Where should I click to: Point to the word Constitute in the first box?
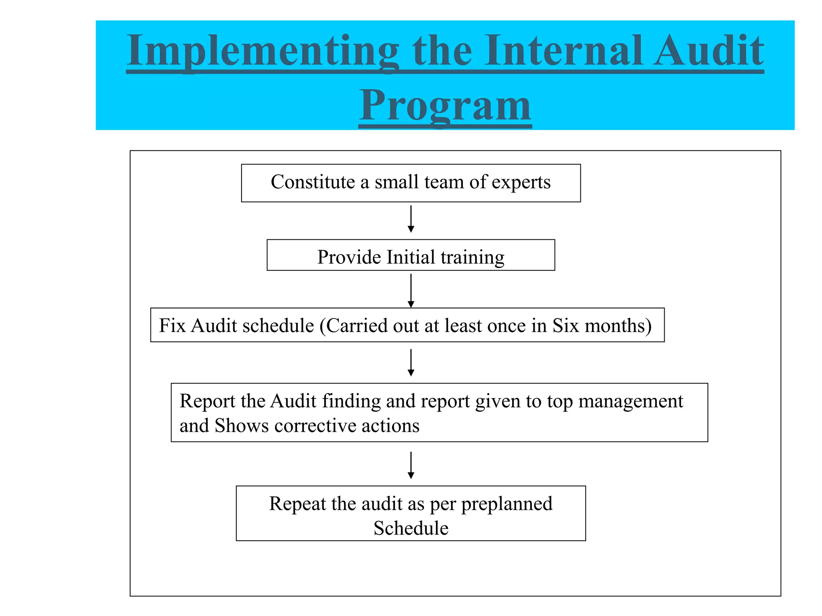tap(313, 182)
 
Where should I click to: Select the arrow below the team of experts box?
tap(411, 219)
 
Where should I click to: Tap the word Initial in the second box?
tap(411, 257)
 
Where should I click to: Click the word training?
tap(472, 258)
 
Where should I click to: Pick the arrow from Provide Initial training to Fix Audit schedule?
tap(411, 290)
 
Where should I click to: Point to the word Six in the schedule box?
tap(566, 325)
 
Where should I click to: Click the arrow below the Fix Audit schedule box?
tap(411, 362)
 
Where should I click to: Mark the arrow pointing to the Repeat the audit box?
tap(411, 465)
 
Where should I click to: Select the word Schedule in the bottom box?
tap(411, 528)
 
